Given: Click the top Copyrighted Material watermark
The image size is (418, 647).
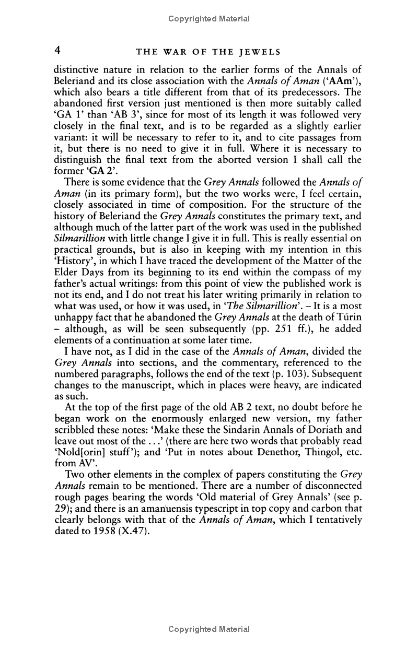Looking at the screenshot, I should [x=209, y=19].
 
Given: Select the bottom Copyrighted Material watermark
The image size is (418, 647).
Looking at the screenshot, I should [x=209, y=629].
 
